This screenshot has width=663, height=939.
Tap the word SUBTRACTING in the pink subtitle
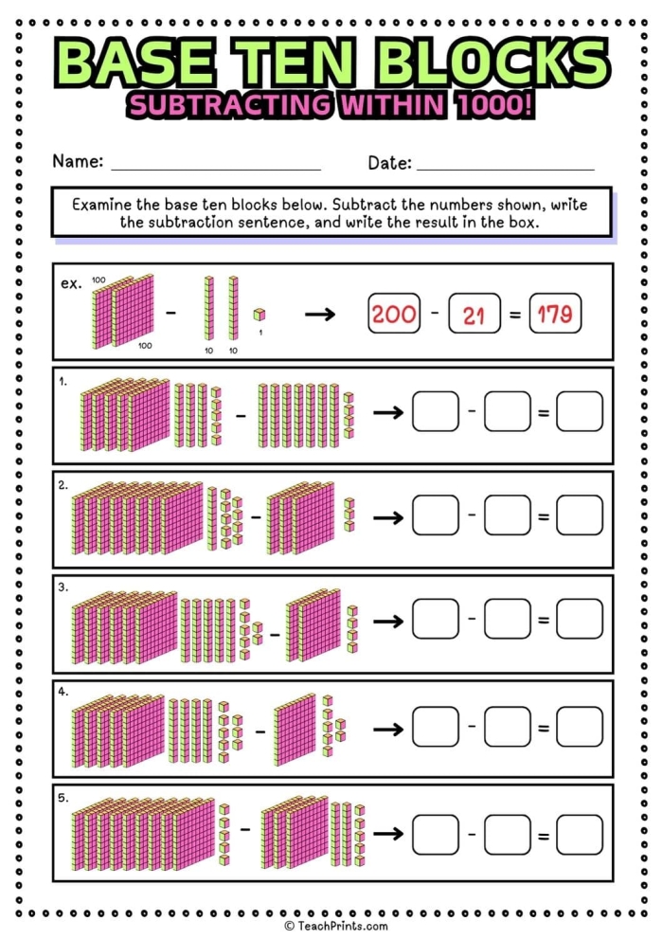click(x=222, y=105)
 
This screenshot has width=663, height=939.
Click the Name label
click(x=77, y=161)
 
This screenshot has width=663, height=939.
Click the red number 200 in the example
click(x=394, y=315)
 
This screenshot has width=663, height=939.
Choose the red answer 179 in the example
click(x=555, y=315)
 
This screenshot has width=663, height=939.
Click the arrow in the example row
click(x=320, y=315)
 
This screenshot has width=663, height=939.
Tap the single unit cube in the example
click(x=259, y=315)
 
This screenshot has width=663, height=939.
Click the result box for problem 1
click(x=579, y=412)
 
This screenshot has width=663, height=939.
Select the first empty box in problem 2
click(x=436, y=516)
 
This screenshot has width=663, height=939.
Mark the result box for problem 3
click(x=579, y=620)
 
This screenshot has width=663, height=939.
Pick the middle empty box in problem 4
click(x=508, y=726)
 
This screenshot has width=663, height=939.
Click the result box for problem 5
click(x=579, y=833)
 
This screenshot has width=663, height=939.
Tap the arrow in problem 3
click(x=388, y=621)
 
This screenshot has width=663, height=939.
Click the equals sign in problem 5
click(x=544, y=834)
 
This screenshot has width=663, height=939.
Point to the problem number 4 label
click(x=63, y=693)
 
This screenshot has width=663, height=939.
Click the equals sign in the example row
click(x=515, y=315)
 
